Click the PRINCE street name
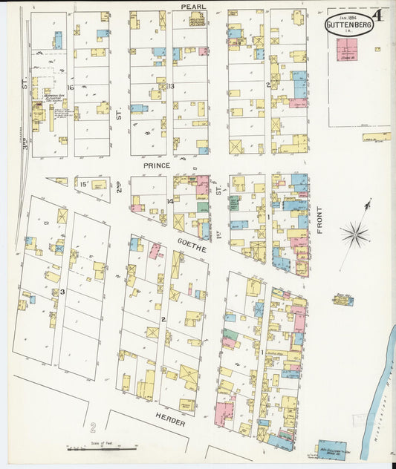tap(157, 165)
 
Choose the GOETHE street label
tap(191, 246)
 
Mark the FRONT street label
tap(320, 220)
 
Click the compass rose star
tap(355, 234)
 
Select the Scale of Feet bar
tap(103, 448)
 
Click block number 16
tap(71, 88)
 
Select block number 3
tap(62, 292)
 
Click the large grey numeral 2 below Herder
tap(94, 427)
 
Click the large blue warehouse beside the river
tap(331, 450)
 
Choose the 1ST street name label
tap(220, 190)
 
